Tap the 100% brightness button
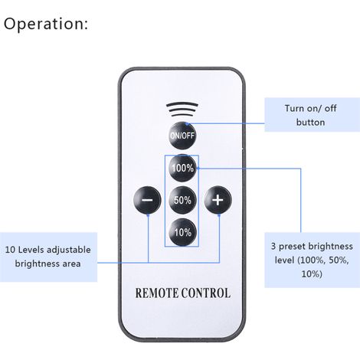click(x=183, y=168)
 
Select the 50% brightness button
click(x=183, y=200)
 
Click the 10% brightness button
click(x=183, y=232)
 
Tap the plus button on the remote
click(x=218, y=200)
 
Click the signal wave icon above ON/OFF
click(x=182, y=110)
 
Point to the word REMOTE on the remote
click(x=157, y=293)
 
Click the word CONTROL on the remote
click(x=206, y=293)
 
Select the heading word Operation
click(x=45, y=24)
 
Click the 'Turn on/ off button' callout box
click(x=312, y=115)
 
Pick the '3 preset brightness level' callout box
click(x=312, y=260)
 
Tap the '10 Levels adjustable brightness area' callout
click(x=48, y=257)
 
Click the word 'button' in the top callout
click(x=310, y=122)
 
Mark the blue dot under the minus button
click(x=148, y=215)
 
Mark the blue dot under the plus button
click(x=219, y=215)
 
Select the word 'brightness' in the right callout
click(x=331, y=247)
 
